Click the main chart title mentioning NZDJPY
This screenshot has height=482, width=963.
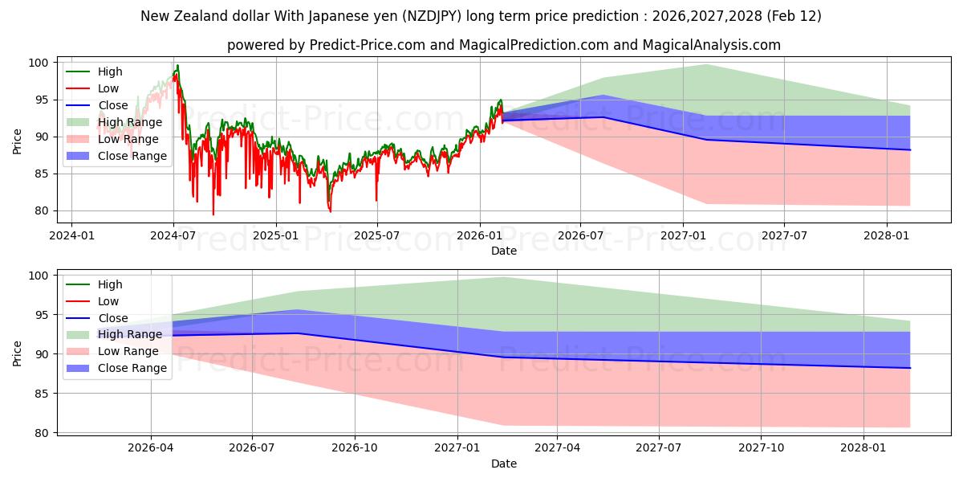point(481,16)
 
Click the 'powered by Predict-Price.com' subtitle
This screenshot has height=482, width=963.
point(503,45)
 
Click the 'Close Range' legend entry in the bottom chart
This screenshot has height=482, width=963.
point(132,368)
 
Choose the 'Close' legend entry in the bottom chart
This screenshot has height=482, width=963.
point(112,318)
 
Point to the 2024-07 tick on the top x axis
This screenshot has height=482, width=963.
point(173,235)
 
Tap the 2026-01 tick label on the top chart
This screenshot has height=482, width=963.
point(479,235)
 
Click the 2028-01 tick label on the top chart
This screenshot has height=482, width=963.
point(887,235)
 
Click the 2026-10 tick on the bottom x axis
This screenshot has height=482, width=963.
point(354,448)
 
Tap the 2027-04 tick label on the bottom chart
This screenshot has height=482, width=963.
point(557,448)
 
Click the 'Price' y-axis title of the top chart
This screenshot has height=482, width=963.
point(18,141)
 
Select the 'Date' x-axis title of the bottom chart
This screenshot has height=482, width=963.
point(503,464)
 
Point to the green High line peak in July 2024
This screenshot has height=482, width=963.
point(177,65)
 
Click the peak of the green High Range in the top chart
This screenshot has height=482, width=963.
point(706,64)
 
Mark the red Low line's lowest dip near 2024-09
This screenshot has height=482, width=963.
point(213,214)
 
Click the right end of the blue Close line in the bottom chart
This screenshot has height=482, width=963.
point(910,368)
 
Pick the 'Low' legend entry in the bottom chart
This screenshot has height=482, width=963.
point(108,301)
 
